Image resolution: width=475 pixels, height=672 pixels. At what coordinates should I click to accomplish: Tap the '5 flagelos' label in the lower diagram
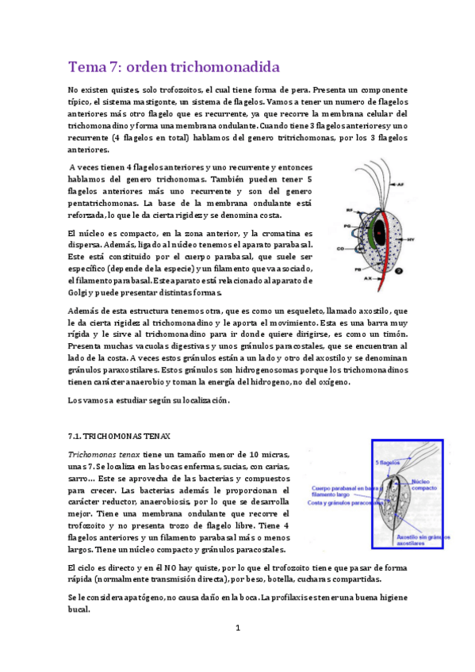coord(386,462)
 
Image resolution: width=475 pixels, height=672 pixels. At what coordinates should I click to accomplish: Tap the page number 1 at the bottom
coord(237,628)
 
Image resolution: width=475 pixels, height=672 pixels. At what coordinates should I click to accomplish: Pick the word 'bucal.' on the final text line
coord(80,609)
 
